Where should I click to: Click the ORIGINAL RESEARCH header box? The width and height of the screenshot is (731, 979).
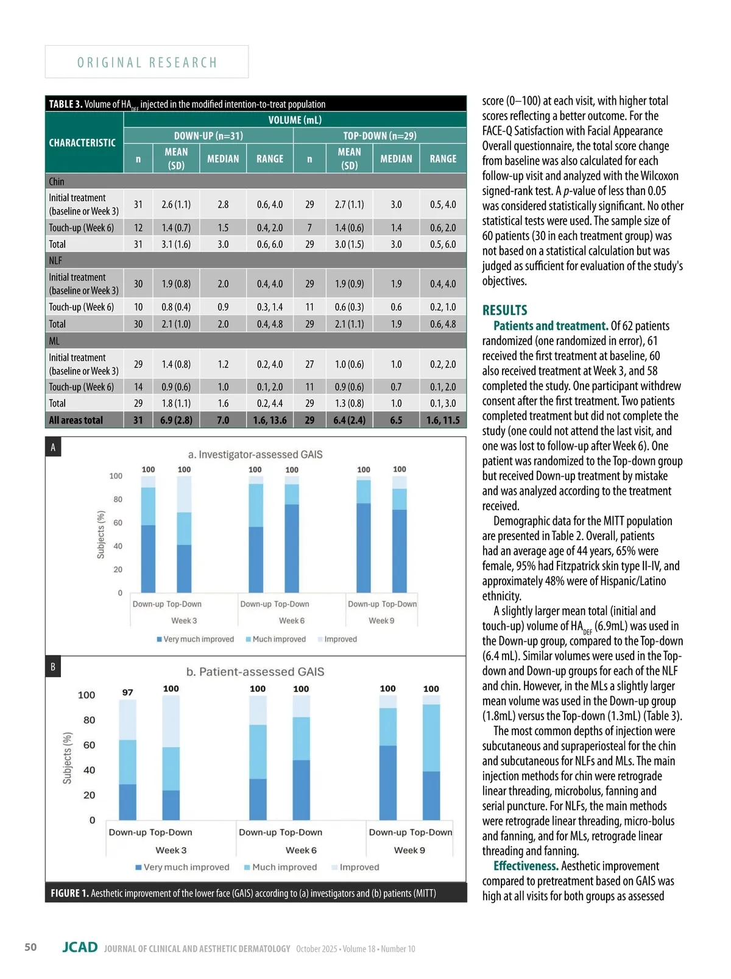pos(147,62)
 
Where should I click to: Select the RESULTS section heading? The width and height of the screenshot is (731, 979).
pos(504,310)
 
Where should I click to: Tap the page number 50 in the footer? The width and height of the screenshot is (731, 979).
pos(30,947)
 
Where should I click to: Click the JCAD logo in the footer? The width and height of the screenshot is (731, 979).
pos(80,947)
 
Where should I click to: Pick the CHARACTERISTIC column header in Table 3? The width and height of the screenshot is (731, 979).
pos(82,143)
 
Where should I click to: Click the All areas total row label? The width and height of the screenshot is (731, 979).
pos(76,420)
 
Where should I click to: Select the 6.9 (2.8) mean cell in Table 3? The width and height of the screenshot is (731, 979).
pos(176,420)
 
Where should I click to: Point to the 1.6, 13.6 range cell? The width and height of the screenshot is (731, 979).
pos(270,420)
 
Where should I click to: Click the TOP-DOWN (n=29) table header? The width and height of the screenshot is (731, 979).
pos(380,135)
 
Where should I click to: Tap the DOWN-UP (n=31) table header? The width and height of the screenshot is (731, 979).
pos(208,135)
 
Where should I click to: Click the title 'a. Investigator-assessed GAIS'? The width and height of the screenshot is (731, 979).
pos(255,454)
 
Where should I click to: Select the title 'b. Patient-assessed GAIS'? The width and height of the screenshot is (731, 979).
pos(255,672)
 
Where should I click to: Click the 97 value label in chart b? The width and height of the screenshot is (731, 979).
pos(127,692)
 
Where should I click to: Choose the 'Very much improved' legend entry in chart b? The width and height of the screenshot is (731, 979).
pos(182,867)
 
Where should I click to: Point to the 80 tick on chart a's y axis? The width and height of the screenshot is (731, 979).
pos(118,499)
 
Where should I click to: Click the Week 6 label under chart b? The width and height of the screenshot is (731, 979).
pos(301,850)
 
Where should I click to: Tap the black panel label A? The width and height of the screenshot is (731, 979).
pos(53,447)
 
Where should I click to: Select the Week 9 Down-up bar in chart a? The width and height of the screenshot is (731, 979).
pos(364,536)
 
